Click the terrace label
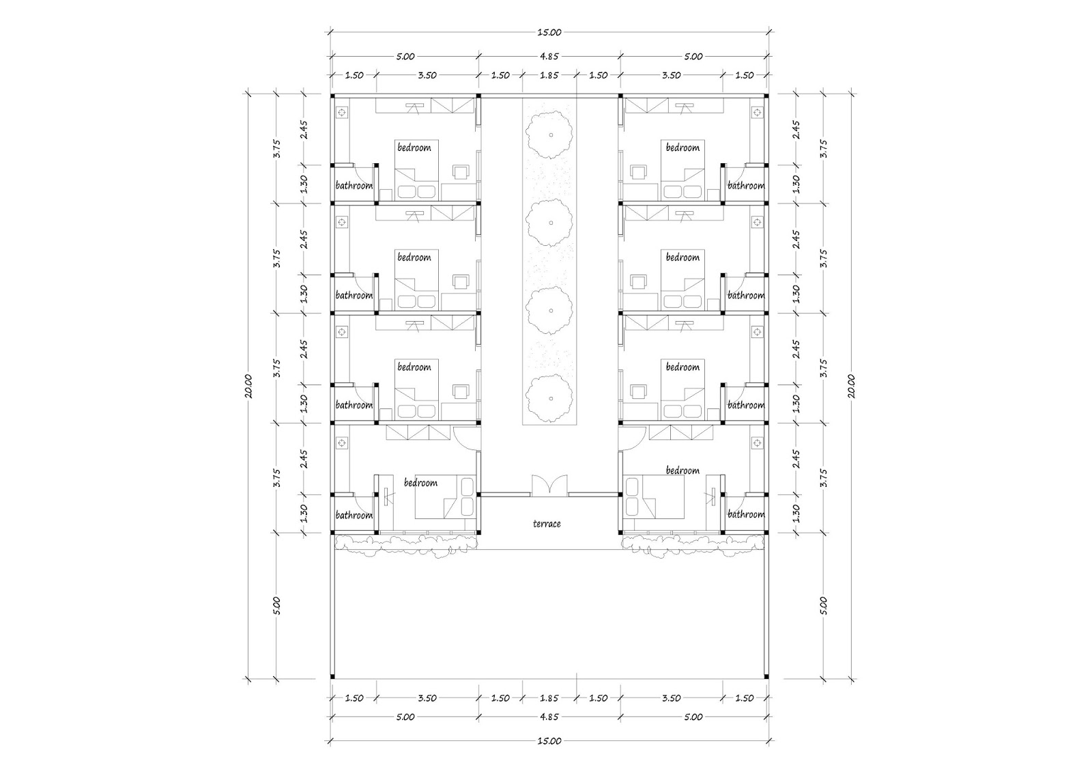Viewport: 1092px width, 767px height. tap(547, 524)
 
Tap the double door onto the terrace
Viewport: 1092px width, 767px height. tap(549, 484)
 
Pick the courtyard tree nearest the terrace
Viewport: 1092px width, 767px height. tap(549, 396)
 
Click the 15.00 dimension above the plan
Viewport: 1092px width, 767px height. tap(549, 31)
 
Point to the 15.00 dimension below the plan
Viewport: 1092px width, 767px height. tap(549, 740)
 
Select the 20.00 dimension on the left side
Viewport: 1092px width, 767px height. tap(250, 386)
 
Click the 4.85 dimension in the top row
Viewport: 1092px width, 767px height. tap(549, 57)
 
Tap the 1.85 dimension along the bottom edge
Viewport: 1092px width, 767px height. tap(549, 698)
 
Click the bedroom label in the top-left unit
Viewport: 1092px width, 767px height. tap(414, 148)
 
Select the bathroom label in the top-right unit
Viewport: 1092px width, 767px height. tap(745, 186)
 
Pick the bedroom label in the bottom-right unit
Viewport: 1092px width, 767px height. tap(682, 471)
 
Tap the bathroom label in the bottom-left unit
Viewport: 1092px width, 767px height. tap(354, 515)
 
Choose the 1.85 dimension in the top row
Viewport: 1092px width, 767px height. tap(549, 75)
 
